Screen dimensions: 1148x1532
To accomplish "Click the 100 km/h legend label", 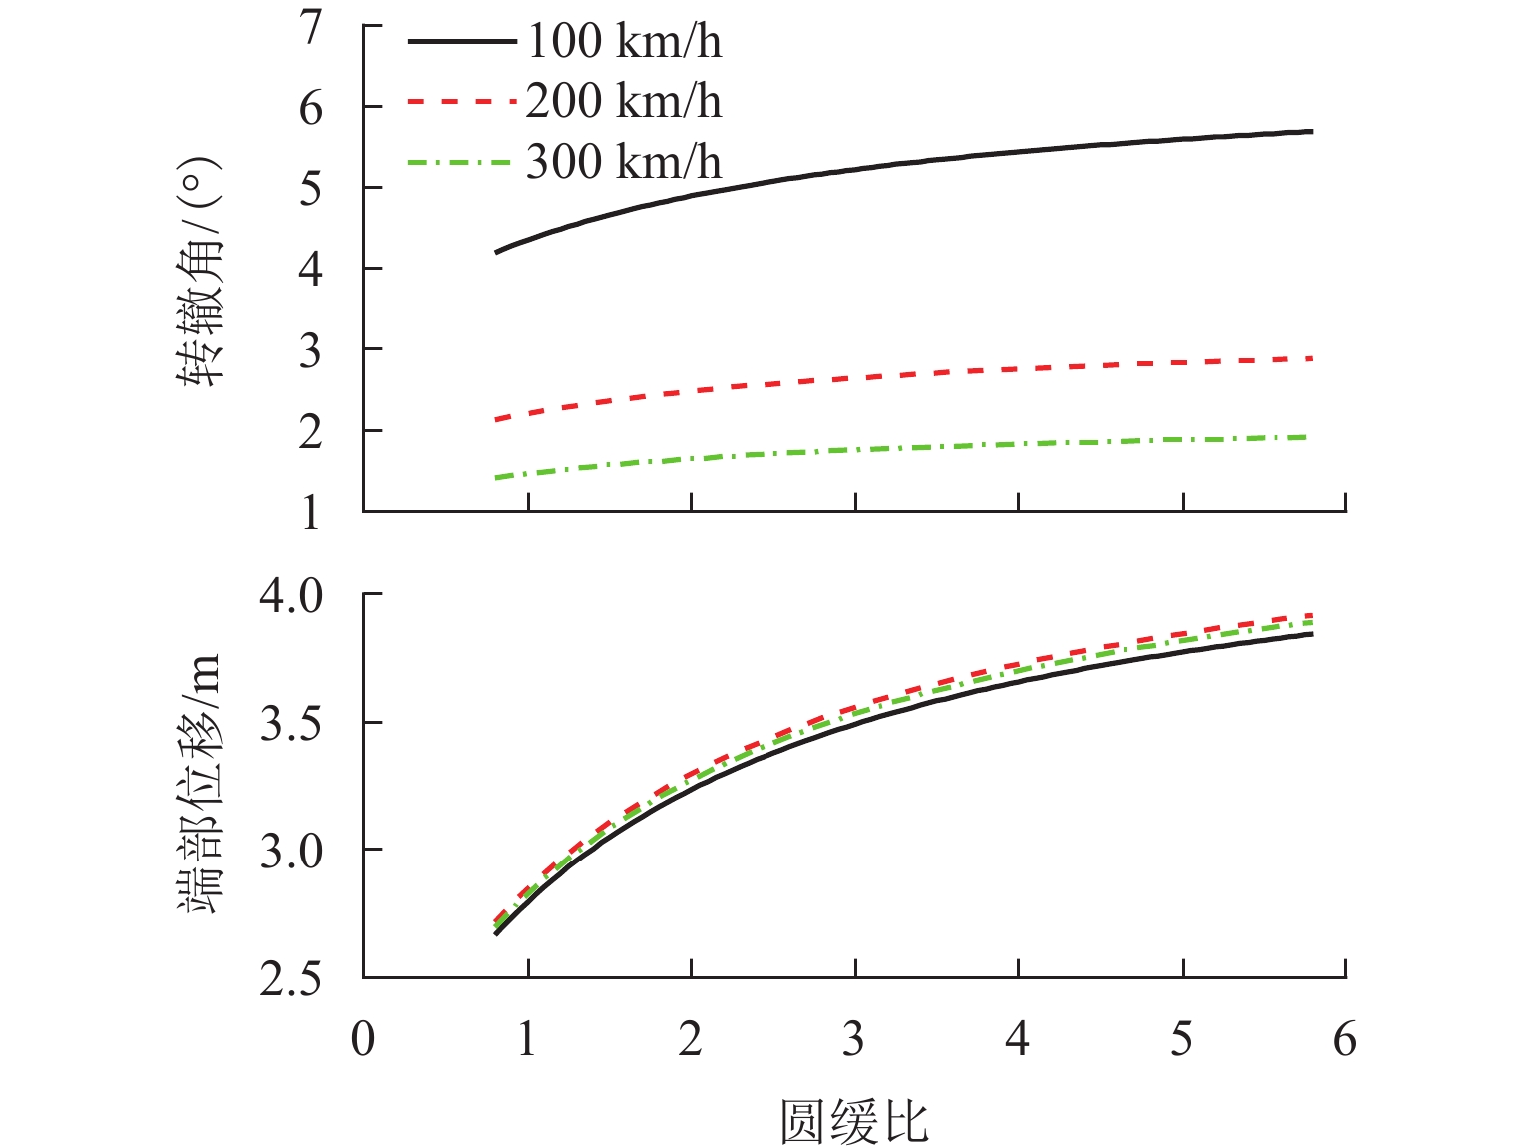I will (x=623, y=42).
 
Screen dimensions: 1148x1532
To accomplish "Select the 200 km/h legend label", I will (x=623, y=102).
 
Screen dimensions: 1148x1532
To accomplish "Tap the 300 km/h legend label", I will (x=623, y=162).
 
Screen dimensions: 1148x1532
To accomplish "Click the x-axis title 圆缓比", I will (x=854, y=1121).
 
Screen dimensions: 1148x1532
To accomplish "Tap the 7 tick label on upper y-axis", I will (x=313, y=26).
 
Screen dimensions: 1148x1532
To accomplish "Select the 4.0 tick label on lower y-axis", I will (x=292, y=596).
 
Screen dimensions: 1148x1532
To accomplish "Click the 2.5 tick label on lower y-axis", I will (x=292, y=979).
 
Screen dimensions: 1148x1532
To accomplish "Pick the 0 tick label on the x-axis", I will (x=363, y=1039).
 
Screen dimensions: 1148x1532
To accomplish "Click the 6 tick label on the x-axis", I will (x=1345, y=1039).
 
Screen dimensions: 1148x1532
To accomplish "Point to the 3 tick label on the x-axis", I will (x=854, y=1039).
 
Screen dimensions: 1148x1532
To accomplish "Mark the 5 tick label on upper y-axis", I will (x=313, y=189).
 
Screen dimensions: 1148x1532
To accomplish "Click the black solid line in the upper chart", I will (x=898, y=163).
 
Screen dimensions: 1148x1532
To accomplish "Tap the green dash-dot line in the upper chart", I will (x=898, y=448).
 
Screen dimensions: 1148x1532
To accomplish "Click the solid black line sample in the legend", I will (x=461, y=42).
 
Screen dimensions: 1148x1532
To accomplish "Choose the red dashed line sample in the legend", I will (x=461, y=102).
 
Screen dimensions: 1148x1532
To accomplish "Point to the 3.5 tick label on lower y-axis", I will (x=292, y=724).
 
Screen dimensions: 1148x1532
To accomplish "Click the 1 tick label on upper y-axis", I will (x=313, y=513).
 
